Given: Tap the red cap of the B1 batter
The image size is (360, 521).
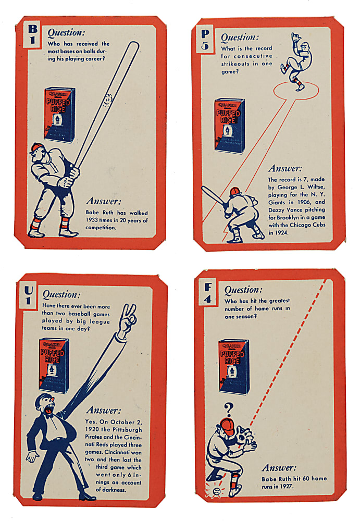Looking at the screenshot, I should click(x=36, y=148).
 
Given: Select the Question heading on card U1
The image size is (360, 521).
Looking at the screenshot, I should click(x=61, y=295).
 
